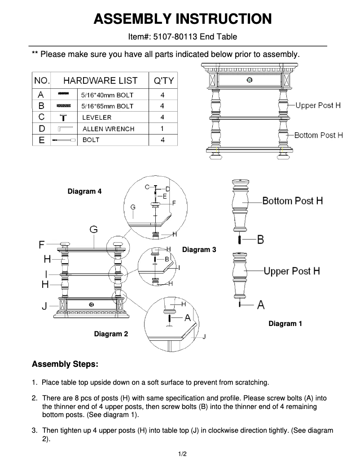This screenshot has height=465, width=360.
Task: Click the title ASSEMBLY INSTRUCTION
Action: pyautogui.click(x=182, y=19)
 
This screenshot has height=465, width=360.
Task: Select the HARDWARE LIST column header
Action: pyautogui.click(x=100, y=81)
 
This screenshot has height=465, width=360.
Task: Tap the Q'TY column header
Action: pyautogui.click(x=163, y=81)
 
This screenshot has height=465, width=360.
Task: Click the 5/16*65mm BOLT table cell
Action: pyautogui.click(x=107, y=106)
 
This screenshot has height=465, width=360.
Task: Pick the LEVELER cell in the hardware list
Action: pyautogui.click(x=97, y=117)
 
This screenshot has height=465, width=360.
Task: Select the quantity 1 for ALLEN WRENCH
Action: pyautogui.click(x=162, y=129)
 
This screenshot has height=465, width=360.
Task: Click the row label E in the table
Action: pyautogui.click(x=41, y=140)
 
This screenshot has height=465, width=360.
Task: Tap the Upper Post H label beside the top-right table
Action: pyautogui.click(x=318, y=105)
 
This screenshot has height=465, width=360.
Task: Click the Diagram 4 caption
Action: pyautogui.click(x=84, y=191)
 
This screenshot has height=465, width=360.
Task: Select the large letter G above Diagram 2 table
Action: pyautogui.click(x=93, y=230)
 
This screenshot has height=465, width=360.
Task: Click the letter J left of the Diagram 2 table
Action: pyautogui.click(x=44, y=306)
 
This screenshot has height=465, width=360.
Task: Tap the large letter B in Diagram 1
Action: pyautogui.click(x=260, y=239)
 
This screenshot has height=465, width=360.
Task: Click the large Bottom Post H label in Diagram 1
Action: pyautogui.click(x=292, y=200)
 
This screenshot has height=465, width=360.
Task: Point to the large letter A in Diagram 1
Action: pyautogui.click(x=260, y=305)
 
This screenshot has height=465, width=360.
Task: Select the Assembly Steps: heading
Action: pyautogui.click(x=65, y=364)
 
